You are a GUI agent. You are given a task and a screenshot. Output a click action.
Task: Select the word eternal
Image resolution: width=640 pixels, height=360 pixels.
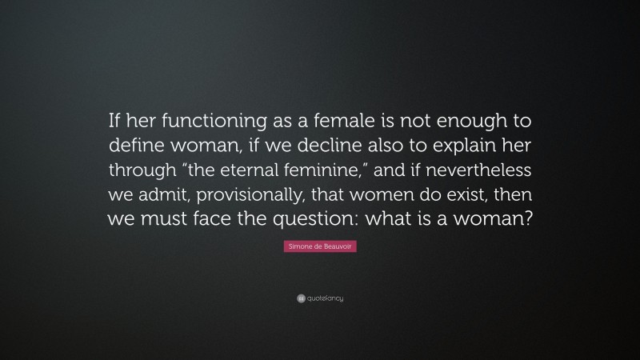point(269,170)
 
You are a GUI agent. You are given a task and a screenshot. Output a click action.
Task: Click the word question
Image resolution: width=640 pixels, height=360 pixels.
point(304,218)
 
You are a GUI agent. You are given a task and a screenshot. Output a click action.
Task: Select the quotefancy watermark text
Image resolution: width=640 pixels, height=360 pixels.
point(325,299)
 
